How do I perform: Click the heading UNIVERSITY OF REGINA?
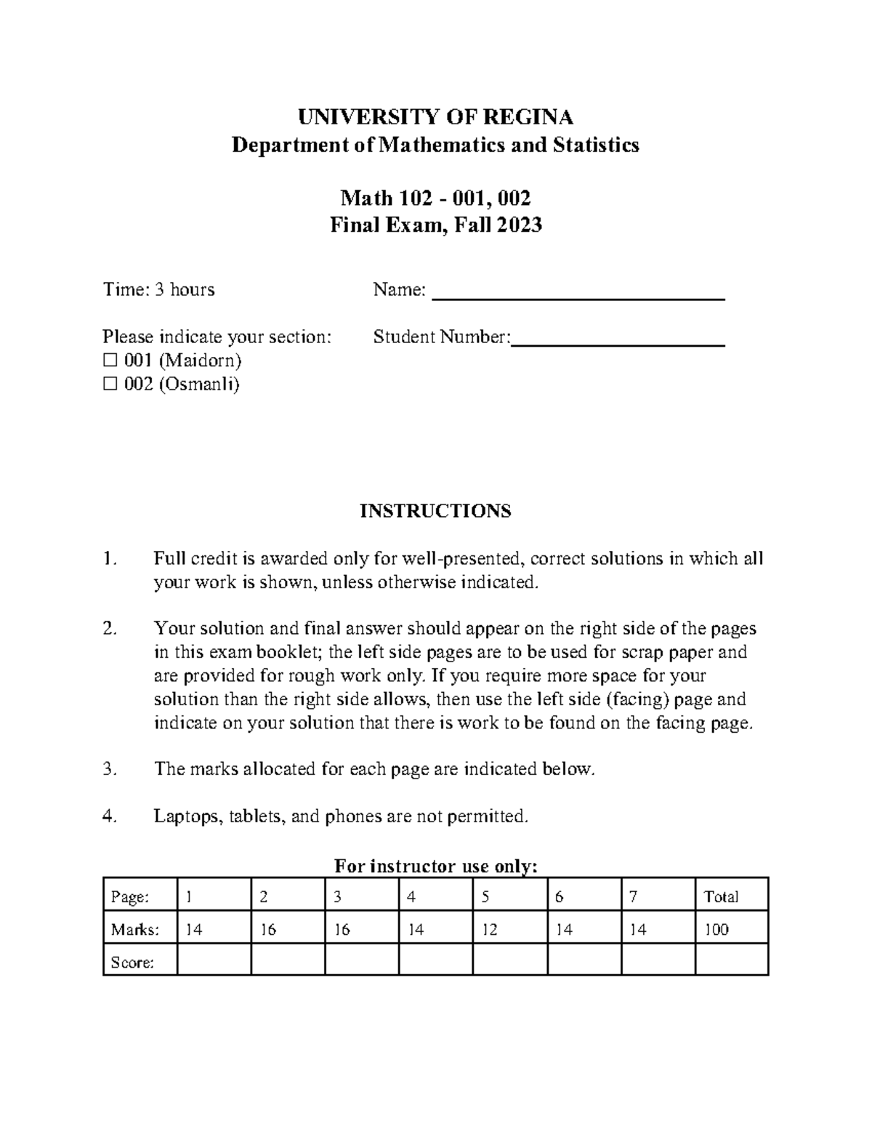435,117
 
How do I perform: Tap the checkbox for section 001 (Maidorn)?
110,361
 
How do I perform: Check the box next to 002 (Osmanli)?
110,385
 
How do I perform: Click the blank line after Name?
578,292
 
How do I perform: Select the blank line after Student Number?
618,339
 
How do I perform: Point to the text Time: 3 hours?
158,290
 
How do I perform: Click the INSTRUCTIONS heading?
435,511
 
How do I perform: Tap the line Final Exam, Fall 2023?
435,225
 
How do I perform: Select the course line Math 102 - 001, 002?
435,198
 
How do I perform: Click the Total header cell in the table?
731,897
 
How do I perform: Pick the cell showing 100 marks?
731,929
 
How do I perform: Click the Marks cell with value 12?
509,929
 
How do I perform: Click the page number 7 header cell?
658,897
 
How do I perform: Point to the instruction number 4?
110,816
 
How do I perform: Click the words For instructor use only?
435,866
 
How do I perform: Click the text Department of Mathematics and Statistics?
435,145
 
